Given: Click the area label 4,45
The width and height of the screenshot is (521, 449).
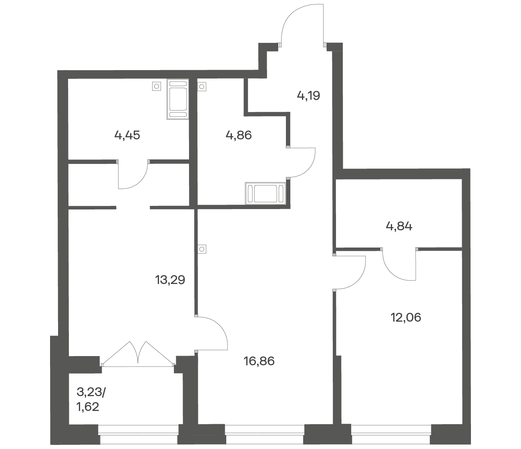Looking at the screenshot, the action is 127,136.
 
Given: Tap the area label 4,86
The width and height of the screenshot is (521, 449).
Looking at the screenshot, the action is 239,136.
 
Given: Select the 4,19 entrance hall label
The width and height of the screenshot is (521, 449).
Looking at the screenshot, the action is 308,96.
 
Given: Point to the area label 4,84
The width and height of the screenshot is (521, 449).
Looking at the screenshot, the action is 399,226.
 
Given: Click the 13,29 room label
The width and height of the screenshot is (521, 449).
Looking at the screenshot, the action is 170,280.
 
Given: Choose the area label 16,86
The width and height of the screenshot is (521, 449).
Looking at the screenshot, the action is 259,361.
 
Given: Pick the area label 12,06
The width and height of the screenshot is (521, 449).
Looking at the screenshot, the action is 406,317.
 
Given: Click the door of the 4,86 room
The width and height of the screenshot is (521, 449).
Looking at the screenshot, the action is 301,162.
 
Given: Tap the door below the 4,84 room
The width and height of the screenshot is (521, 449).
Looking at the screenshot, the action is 399,265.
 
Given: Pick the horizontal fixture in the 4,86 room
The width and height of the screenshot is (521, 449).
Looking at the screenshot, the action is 266,193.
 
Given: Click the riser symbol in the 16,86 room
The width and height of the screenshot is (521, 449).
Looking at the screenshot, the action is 202,249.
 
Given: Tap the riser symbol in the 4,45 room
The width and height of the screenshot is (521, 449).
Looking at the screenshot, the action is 156,87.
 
